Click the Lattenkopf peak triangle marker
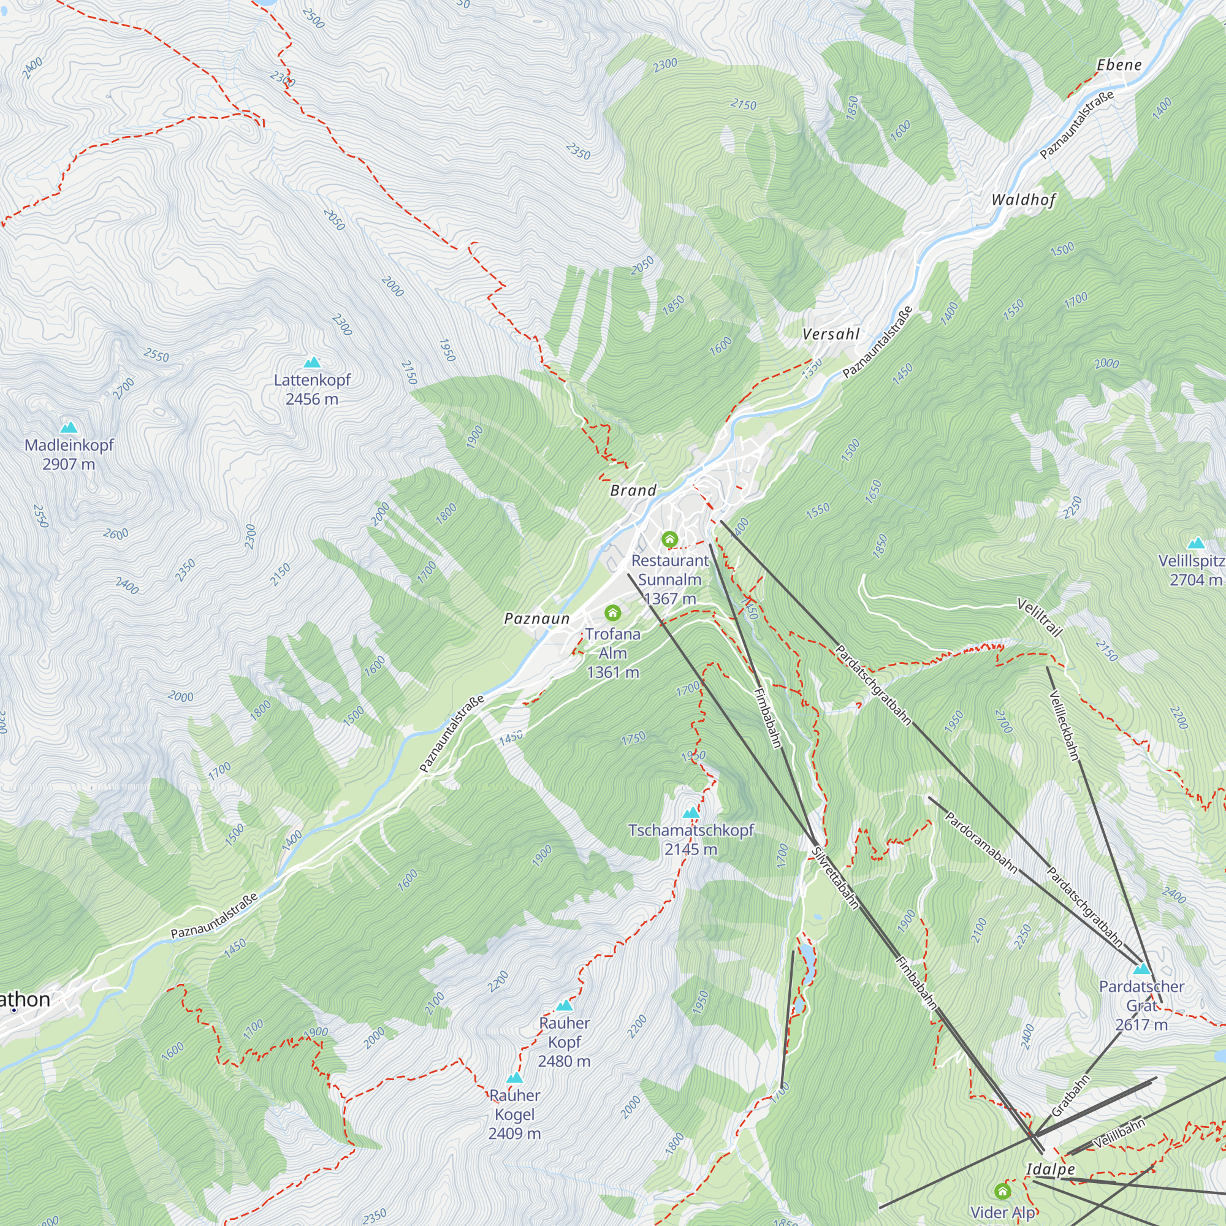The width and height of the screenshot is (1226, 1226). pyautogui.click(x=311, y=362)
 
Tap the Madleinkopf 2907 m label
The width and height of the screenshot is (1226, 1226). pyautogui.click(x=69, y=454)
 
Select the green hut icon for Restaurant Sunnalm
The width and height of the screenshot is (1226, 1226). pyautogui.click(x=669, y=539)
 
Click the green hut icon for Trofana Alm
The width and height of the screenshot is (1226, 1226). pyautogui.click(x=612, y=612)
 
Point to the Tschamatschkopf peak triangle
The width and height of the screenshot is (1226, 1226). pyautogui.click(x=690, y=812)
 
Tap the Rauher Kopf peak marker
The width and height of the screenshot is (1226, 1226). pyautogui.click(x=564, y=1005)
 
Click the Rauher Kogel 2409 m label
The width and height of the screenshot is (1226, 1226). pyautogui.click(x=515, y=1114)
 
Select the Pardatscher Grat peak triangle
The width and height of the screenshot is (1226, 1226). pyautogui.click(x=1141, y=969)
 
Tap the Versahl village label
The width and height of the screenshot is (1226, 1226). pyautogui.click(x=831, y=335)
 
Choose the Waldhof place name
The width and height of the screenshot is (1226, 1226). pyautogui.click(x=1023, y=200)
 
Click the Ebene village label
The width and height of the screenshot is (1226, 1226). pyautogui.click(x=1119, y=65)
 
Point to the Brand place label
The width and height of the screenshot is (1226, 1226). pyautogui.click(x=633, y=490)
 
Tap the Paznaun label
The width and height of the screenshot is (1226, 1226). pyautogui.click(x=537, y=619)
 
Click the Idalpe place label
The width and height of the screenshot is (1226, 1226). pyautogui.click(x=1050, y=1169)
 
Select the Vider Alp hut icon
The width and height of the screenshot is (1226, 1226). pyautogui.click(x=1002, y=1191)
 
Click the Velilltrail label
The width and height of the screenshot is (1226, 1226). pyautogui.click(x=1040, y=617)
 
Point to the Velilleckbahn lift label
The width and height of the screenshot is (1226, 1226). pyautogui.click(x=1064, y=725)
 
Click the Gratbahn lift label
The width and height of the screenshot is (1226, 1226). pyautogui.click(x=1070, y=1096)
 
